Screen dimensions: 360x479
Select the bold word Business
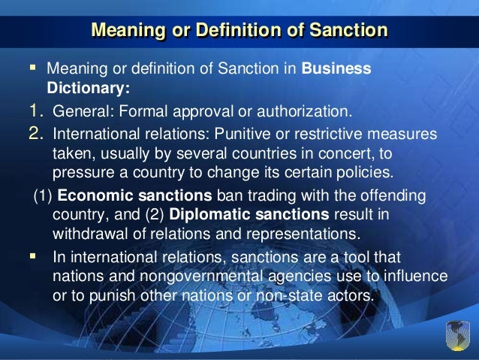click(x=336, y=69)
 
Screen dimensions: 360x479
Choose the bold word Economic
click(x=91, y=195)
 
